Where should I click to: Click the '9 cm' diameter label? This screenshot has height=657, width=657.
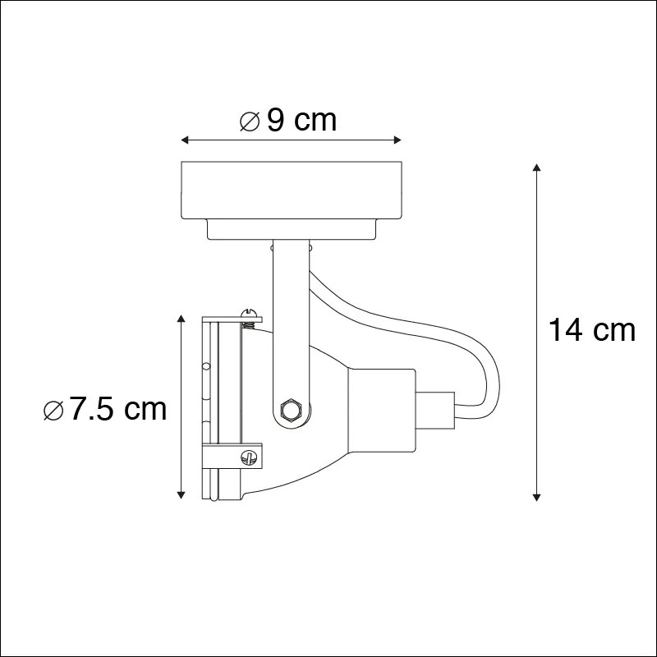[301, 121]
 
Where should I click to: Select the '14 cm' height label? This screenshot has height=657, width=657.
[592, 330]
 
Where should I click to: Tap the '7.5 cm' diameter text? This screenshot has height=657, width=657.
[118, 408]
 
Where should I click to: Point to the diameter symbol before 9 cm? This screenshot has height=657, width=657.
[250, 122]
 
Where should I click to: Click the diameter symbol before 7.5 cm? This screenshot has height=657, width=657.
[52, 409]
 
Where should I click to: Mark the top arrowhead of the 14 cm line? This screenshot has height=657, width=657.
[536, 168]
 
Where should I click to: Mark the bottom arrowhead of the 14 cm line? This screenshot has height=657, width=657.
[536, 495]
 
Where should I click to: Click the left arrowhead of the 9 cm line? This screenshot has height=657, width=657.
[185, 140]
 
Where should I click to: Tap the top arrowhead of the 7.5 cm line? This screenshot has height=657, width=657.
[181, 317]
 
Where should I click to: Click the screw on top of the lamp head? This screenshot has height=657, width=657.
[250, 313]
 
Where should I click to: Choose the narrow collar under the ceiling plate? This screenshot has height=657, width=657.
[291, 230]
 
